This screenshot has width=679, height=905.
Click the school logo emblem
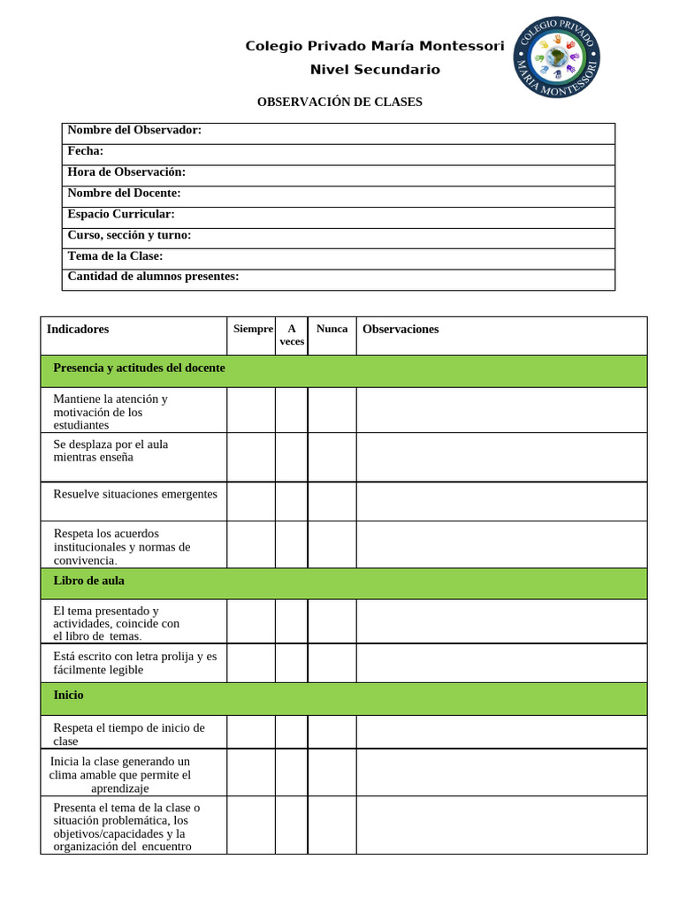[557, 57]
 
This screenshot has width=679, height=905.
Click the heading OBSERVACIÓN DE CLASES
[339, 103]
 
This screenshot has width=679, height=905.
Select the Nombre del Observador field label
[134, 131]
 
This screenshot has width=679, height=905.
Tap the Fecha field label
[86, 151]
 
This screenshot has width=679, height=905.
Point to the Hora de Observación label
[126, 172]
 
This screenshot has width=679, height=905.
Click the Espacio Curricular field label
[121, 214]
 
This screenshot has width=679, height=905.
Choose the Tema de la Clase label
[115, 256]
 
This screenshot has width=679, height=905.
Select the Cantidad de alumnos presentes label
[153, 277]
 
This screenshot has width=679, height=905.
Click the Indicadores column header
[78, 330]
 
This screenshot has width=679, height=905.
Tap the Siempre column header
[253, 329]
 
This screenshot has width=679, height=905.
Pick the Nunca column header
[332, 329]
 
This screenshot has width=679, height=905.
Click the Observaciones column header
[401, 330]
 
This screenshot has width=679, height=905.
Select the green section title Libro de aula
[88, 582]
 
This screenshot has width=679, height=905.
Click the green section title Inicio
[68, 696]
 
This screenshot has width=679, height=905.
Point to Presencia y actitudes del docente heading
[139, 368]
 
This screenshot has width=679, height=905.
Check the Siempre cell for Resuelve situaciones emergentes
[251, 501]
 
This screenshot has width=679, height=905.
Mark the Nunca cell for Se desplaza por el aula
[332, 457]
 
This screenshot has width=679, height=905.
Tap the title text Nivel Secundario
[375, 70]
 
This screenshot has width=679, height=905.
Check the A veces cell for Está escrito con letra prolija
[291, 663]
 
